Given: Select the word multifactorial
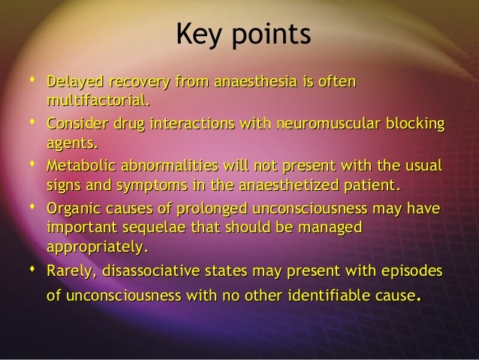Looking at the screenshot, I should coord(98,99).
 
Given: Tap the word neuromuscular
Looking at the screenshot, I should coord(344,123).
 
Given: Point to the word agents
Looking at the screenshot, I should coord(72,143).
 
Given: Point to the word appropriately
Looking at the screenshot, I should coord(97,247).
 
